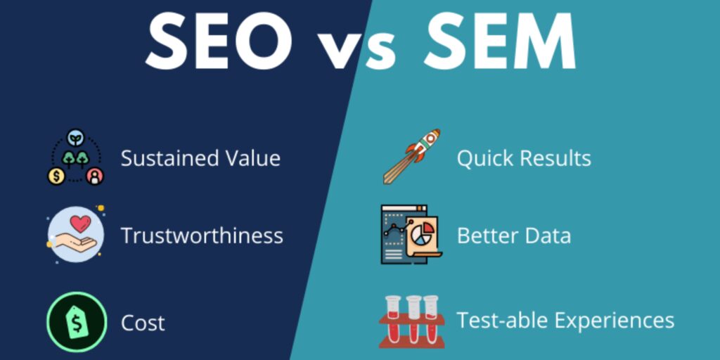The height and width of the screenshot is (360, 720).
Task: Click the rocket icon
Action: click(411, 155)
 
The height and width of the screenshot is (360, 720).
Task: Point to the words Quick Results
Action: click(524, 158)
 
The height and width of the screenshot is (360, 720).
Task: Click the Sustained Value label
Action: click(200, 158)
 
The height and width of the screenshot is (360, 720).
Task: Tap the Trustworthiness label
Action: click(202, 236)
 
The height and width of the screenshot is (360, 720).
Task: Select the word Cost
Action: click(143, 323)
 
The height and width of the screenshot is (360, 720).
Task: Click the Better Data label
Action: click(513, 236)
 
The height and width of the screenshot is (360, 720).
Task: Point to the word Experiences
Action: click(613, 321)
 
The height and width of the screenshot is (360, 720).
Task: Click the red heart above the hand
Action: click(81, 224)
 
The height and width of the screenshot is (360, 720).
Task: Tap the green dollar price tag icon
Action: click(77, 323)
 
